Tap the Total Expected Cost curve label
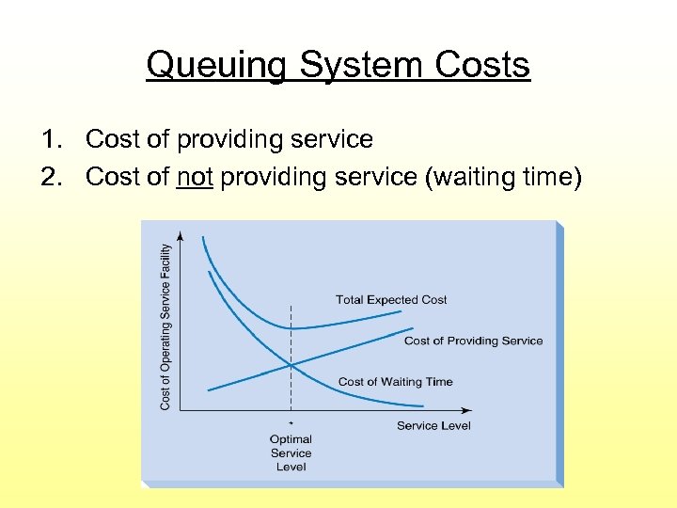[391, 299]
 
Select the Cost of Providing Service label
[473, 341]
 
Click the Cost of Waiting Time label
[395, 381]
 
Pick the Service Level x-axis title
[433, 425]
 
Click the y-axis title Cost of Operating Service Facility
[165, 326]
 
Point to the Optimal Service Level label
[291, 452]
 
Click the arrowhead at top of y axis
[180, 234]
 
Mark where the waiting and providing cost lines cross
[291, 365]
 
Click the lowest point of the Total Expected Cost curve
[291, 327]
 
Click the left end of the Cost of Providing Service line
[208, 389]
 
